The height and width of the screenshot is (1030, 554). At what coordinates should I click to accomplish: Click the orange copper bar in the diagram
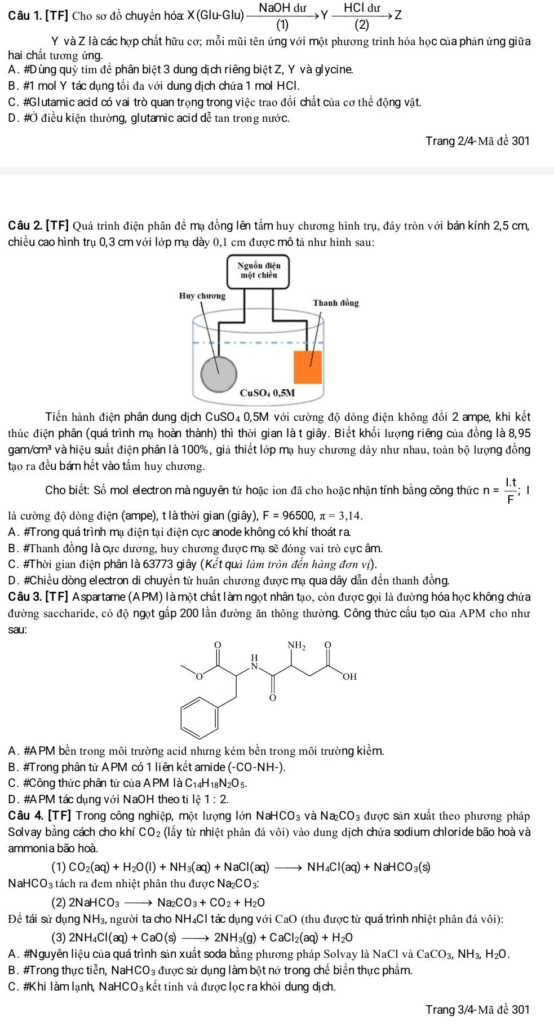tap(308, 367)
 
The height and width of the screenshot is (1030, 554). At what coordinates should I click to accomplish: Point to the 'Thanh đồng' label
tap(336, 303)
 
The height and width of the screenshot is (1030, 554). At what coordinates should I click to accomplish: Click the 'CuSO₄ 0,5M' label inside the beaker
tap(268, 393)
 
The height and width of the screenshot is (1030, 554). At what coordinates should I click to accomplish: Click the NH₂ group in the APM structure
tap(297, 645)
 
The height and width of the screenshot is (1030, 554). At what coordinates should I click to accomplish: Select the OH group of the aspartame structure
tap(349, 676)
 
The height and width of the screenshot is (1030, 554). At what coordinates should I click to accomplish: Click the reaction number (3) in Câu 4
tap(59, 937)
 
